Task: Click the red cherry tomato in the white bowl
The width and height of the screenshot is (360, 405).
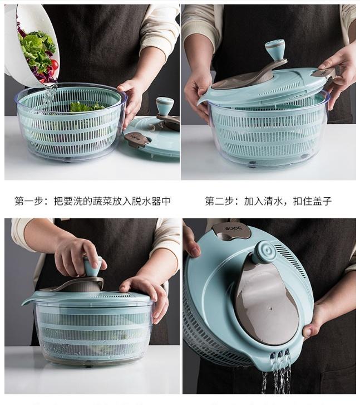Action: pyautogui.click(x=55, y=65)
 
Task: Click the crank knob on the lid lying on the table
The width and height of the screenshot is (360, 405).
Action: pyautogui.click(x=165, y=105)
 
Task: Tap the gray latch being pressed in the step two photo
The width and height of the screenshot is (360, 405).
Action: pyautogui.click(x=326, y=72)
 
